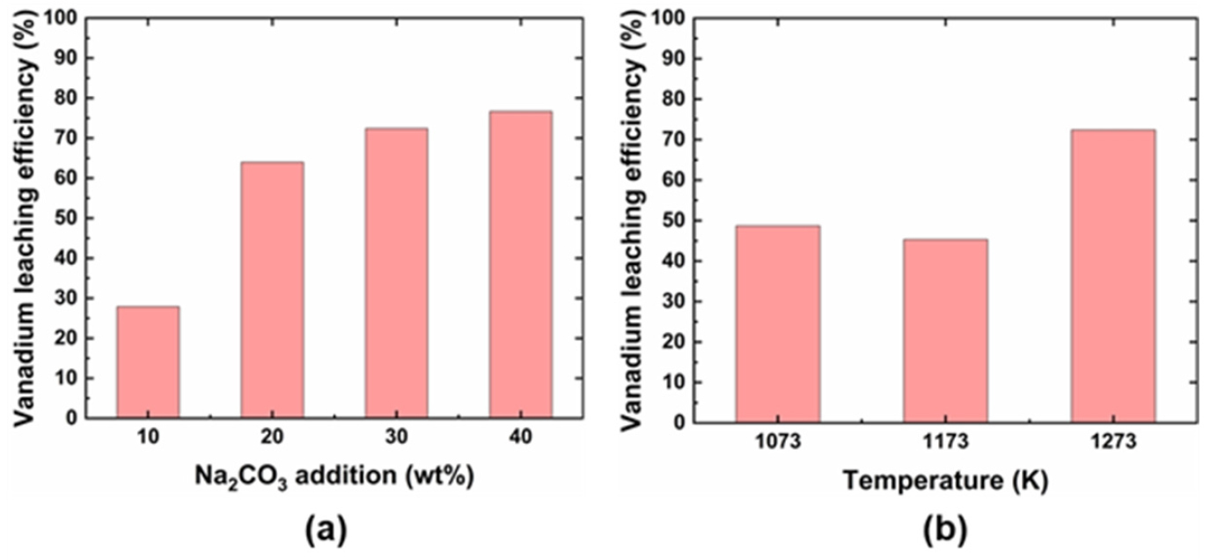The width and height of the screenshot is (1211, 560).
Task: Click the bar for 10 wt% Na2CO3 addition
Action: click(x=148, y=362)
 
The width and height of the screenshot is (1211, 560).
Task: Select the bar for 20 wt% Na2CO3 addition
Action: click(x=272, y=290)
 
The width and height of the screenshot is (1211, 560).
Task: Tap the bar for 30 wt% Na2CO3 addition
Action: click(x=397, y=273)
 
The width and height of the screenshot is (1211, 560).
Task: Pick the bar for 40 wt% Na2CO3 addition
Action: click(x=521, y=264)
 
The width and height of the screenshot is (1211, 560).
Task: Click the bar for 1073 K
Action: click(x=778, y=324)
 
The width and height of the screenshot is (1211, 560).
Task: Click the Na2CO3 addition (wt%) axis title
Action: click(x=334, y=476)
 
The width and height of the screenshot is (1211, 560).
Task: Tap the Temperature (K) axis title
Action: click(x=945, y=481)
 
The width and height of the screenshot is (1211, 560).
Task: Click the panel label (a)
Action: click(x=326, y=530)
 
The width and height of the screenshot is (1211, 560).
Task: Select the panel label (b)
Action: click(x=943, y=530)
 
